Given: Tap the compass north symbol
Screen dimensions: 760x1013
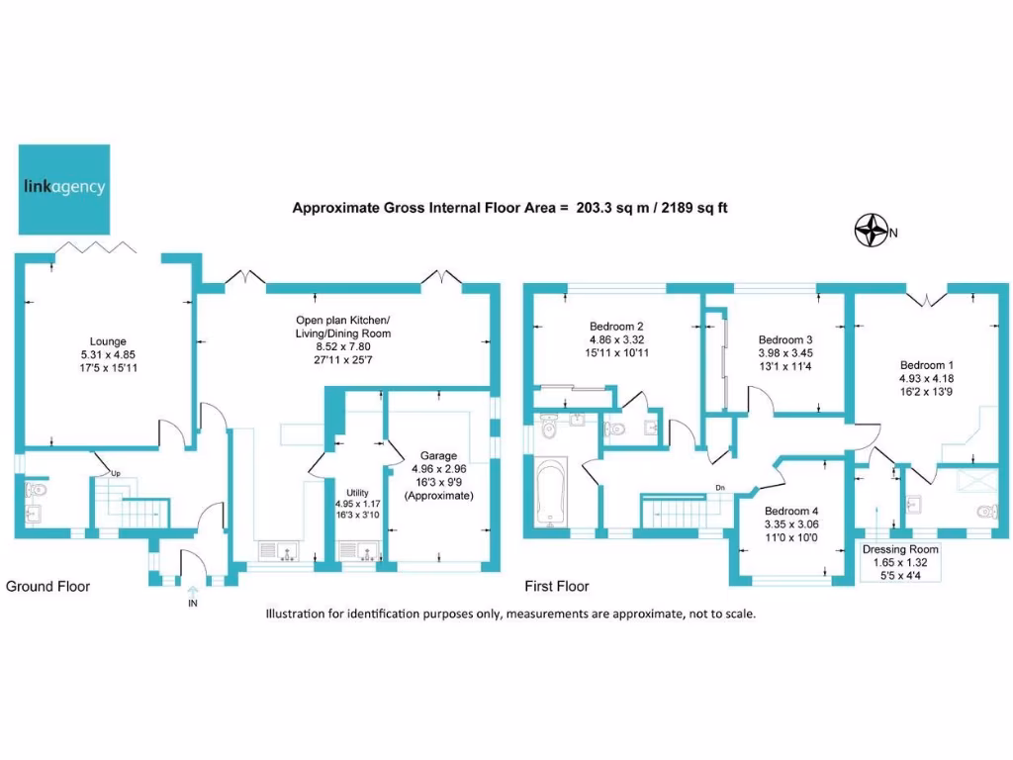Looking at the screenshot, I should point(870,232).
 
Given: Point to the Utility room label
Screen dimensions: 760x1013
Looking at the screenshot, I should point(356,492).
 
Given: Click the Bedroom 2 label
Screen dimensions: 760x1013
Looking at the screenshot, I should point(616,327).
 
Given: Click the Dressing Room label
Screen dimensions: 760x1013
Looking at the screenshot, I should point(900,549).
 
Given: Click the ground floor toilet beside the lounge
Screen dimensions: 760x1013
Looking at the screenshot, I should point(37,490).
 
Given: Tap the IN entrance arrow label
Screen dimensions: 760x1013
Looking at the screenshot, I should point(192,603).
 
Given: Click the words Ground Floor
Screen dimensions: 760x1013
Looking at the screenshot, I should point(48,587).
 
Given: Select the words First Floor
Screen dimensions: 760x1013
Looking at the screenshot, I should point(559,587).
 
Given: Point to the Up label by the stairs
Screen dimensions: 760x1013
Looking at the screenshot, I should point(116,472).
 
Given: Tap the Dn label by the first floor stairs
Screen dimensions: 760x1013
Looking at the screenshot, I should point(722,487).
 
